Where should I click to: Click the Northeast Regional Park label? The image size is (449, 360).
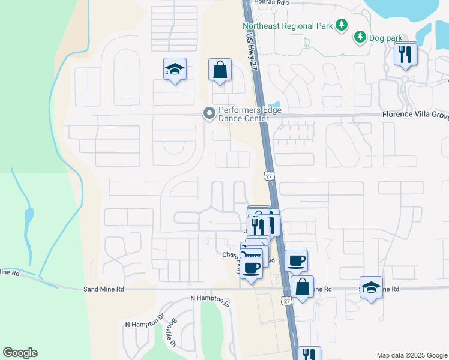click(288, 26)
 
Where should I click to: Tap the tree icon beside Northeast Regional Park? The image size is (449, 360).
click(342, 25)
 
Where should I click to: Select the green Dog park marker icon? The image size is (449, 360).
click(360, 37)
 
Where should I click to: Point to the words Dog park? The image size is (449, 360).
click(385, 38)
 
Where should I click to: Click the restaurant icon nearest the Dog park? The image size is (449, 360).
click(406, 55)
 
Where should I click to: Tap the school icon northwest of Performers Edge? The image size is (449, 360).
click(175, 70)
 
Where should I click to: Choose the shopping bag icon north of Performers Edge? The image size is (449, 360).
click(220, 70)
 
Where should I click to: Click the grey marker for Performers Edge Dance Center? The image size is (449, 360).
click(209, 113)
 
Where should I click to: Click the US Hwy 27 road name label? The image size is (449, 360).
click(251, 46)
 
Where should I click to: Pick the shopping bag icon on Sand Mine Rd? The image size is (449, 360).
click(302, 287)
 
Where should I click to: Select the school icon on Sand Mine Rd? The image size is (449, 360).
click(372, 288)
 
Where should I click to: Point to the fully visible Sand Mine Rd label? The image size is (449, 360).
click(103, 289)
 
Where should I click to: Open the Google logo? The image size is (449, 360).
click(20, 353)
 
